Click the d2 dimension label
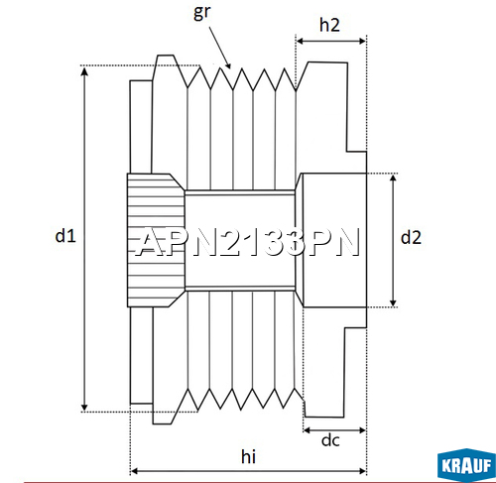coord(412,237)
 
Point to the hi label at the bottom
coord(250,455)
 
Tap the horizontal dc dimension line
coord(334,430)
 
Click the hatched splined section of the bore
coord(154,239)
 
